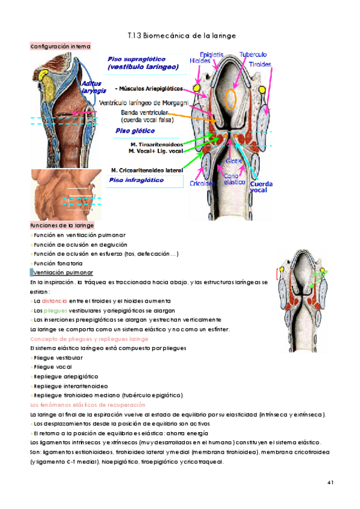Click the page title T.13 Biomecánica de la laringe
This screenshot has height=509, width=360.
point(182,36)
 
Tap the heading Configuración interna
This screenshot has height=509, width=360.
point(60,46)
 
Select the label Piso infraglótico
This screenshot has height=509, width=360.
point(136,179)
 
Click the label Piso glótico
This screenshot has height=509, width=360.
point(134,130)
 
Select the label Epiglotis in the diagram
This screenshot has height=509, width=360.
point(212,54)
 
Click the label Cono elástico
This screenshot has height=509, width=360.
point(230,179)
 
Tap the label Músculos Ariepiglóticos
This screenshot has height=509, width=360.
point(149,88)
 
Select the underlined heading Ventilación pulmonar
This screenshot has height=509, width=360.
point(59,273)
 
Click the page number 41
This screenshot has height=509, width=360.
point(330,483)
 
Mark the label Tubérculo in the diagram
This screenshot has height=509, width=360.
point(253,54)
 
